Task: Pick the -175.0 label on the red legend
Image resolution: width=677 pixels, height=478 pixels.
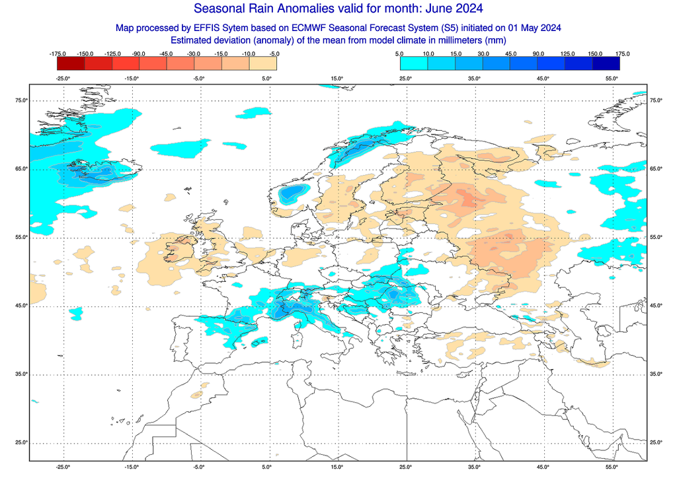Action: (58, 53)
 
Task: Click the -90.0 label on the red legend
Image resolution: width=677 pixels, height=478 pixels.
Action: (140, 53)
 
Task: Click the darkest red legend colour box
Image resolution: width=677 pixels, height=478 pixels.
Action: (71, 63)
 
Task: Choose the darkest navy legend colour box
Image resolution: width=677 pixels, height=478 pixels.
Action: (606, 63)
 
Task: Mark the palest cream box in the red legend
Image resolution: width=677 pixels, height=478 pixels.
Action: (263, 63)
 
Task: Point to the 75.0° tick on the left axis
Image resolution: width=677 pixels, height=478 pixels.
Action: (21, 100)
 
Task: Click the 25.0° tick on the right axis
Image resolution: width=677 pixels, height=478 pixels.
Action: (656, 442)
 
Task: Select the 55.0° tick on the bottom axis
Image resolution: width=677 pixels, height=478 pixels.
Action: (612, 467)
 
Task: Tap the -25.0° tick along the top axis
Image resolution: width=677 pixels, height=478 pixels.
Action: (63, 79)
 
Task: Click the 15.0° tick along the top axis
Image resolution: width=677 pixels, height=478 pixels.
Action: (337, 79)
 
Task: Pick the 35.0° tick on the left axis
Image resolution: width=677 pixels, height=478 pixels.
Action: (21, 374)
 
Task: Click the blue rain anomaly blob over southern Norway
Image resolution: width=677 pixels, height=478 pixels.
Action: (292, 193)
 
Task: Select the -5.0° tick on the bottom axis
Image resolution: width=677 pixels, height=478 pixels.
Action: (200, 467)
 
